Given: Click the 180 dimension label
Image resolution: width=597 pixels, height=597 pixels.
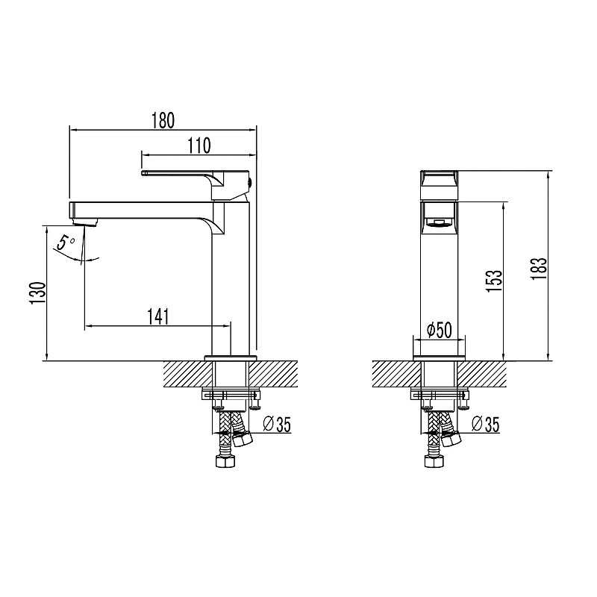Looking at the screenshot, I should coord(163,119).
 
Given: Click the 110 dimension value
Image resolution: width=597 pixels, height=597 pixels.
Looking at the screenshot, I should coord(199,146).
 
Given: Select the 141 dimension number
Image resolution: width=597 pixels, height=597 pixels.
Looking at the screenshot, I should coord(157,316).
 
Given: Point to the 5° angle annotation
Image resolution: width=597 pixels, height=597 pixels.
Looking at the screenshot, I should coord(67,243).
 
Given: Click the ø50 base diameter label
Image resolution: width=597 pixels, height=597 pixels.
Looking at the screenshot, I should coord(440,330).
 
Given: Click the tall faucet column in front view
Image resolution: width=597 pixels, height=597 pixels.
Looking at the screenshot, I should coord(440,284).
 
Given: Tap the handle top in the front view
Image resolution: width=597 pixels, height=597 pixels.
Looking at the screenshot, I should coord(440,180).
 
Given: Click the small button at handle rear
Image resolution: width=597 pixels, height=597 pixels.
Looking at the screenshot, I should coord(249,181).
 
